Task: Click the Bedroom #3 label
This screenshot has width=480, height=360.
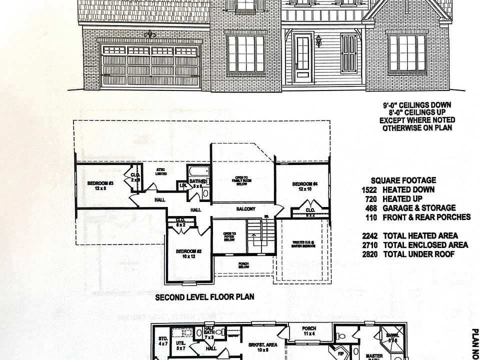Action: pyautogui.click(x=100, y=183)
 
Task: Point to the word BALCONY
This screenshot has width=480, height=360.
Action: pyautogui.click(x=246, y=209)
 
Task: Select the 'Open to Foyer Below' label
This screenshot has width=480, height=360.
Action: pyautogui.click(x=229, y=236)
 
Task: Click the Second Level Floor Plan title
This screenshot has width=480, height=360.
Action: pyautogui.click(x=204, y=297)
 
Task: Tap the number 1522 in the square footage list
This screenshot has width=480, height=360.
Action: pyautogui.click(x=370, y=190)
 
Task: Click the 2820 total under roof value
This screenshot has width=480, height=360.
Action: pyautogui.click(x=370, y=254)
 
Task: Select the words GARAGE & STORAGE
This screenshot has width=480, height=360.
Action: pyautogui.click(x=419, y=208)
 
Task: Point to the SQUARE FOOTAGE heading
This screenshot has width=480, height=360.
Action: pyautogui.click(x=403, y=180)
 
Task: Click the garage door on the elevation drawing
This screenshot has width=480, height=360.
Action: pyautogui.click(x=150, y=65)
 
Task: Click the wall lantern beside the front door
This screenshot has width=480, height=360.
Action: pyautogui.click(x=318, y=40)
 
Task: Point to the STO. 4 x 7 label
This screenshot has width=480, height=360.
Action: pyautogui.click(x=163, y=341)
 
